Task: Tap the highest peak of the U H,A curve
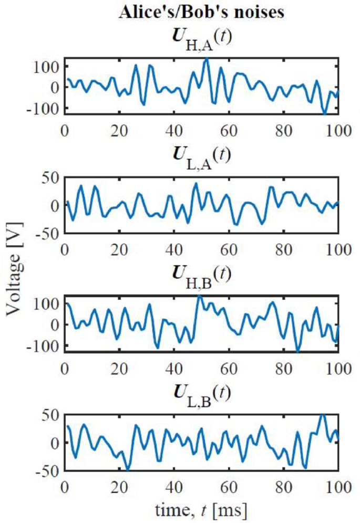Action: [207, 59]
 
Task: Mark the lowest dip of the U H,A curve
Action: [325, 112]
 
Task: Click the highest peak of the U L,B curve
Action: [323, 415]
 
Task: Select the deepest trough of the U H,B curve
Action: [297, 351]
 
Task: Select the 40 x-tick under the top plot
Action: [173, 128]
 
